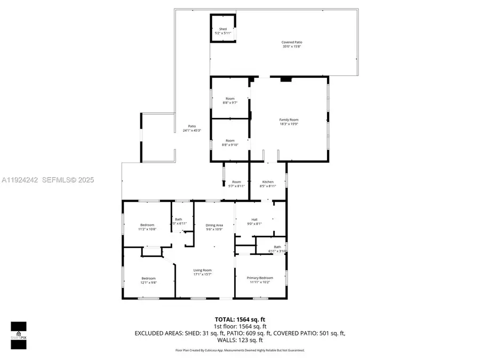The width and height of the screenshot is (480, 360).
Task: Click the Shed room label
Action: tap(223, 31)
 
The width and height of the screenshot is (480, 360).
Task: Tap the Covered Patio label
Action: tap(293, 44)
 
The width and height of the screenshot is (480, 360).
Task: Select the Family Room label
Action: tap(289, 122)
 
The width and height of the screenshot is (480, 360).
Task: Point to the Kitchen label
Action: tap(268, 184)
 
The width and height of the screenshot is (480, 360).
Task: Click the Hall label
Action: tap(254, 221)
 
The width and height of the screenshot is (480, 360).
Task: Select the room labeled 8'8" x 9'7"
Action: tap(230, 100)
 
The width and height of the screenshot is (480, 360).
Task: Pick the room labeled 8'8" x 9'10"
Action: tap(230, 142)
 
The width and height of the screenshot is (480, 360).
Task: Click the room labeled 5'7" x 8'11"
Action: tap(236, 184)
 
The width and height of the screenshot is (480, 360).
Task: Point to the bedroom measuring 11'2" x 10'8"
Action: tap(148, 227)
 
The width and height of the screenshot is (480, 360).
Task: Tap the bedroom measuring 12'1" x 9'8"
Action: tap(148, 280)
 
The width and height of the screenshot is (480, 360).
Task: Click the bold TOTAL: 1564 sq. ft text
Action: tap(241, 319)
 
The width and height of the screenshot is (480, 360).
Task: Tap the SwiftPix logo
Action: tap(19, 334)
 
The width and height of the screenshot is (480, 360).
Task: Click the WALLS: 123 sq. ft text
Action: tap(240, 340)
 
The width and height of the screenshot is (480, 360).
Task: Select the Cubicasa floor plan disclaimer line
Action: tap(240, 350)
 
